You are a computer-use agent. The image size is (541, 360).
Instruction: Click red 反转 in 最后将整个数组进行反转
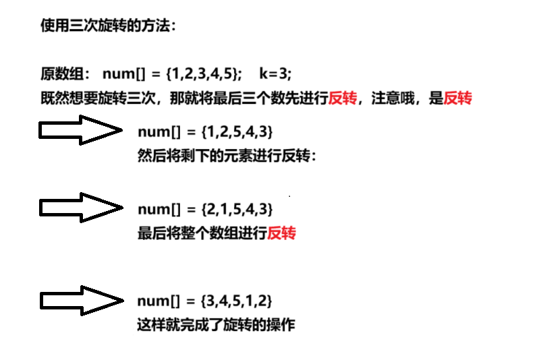[x=281, y=233]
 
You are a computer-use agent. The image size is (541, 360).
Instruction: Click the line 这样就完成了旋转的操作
[x=216, y=325]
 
